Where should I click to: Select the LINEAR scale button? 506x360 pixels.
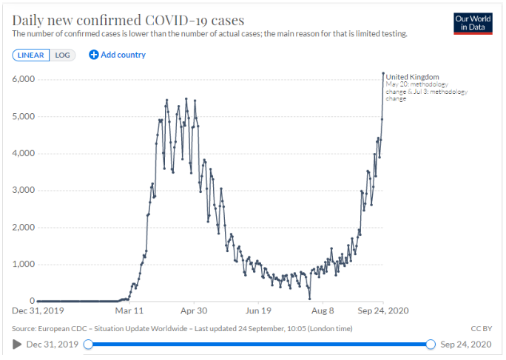31,55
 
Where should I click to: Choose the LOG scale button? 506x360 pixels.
62,55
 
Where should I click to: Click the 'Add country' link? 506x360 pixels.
118,55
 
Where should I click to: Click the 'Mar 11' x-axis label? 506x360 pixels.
129,311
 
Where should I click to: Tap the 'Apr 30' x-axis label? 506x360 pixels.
193,311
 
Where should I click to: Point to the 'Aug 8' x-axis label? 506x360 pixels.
323,311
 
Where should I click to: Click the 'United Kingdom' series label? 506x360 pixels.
412,77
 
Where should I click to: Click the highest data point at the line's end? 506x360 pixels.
383,73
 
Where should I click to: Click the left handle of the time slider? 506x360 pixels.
88,344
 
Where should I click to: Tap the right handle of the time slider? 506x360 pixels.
431,344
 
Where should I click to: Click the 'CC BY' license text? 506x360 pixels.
481,328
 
